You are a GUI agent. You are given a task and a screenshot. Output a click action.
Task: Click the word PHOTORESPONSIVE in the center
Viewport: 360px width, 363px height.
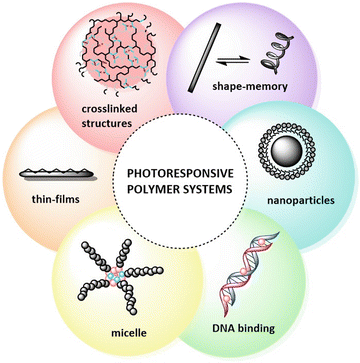[x=179, y=172]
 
